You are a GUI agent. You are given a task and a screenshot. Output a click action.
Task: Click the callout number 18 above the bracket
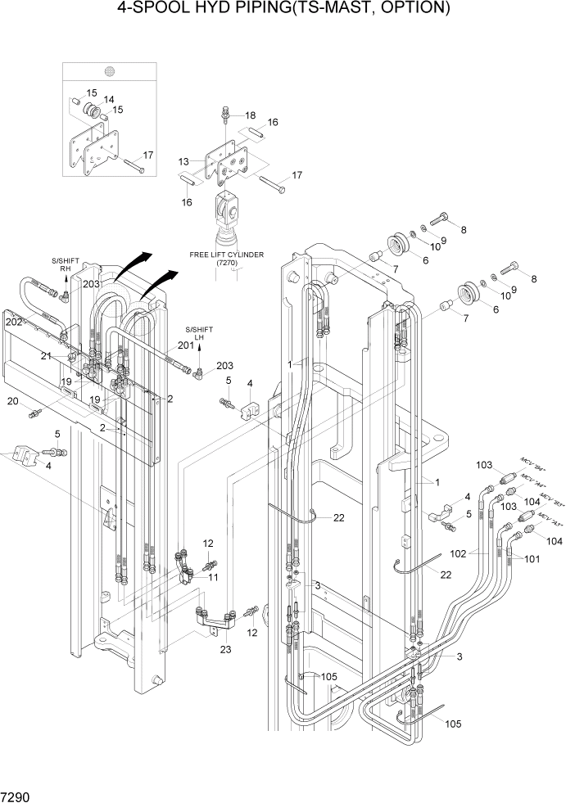(250, 115)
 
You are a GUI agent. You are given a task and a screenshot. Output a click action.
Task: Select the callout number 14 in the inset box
(108, 100)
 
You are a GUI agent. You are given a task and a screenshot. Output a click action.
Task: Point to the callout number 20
(12, 401)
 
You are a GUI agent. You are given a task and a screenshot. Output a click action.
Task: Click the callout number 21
(47, 355)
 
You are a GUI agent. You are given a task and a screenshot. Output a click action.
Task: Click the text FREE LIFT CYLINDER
(226, 255)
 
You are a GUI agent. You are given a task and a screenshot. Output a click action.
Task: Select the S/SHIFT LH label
(197, 330)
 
